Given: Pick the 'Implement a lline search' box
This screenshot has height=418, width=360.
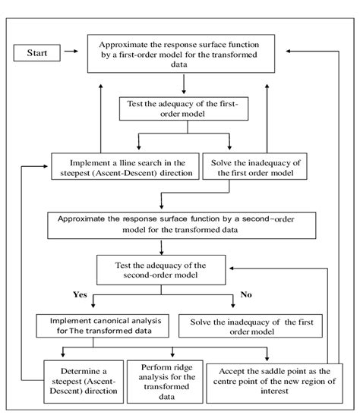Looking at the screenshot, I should click(x=125, y=167).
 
